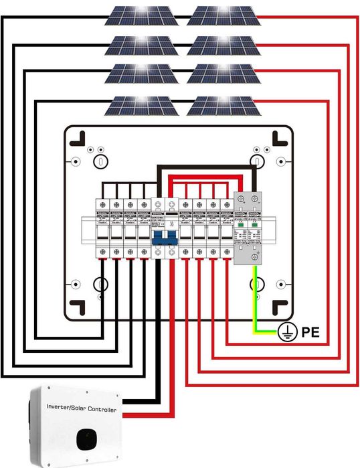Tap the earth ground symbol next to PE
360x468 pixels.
pyautogui.click(x=286, y=330)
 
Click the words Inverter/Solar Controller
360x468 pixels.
pyautogui.click(x=81, y=408)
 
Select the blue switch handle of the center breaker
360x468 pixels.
pyautogui.click(x=163, y=238)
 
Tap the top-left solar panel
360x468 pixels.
pyautogui.click(x=143, y=15)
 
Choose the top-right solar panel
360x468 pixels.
pyautogui.click(x=223, y=15)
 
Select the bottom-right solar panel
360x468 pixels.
pyautogui.click(x=223, y=105)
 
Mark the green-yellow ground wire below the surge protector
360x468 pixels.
pyautogui.click(x=258, y=301)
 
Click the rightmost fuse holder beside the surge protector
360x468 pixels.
pyautogui.click(x=225, y=228)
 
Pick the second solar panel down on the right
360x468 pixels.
pyautogui.click(x=223, y=46)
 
